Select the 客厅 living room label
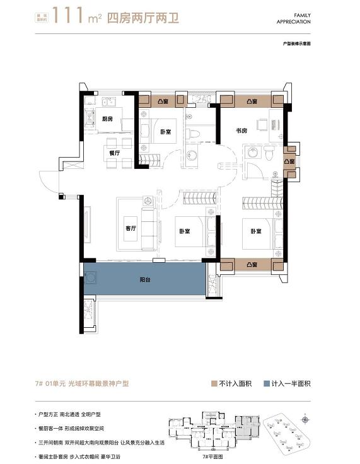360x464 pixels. tap(131, 229)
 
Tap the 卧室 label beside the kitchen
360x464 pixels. tap(166, 132)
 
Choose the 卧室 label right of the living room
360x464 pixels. tap(184, 231)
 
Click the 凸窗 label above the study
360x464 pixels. tap(252, 101)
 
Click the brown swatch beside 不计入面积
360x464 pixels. tap(215, 383)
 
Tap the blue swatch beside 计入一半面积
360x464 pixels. tap(267, 383)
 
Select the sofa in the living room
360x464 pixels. tap(151, 228)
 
